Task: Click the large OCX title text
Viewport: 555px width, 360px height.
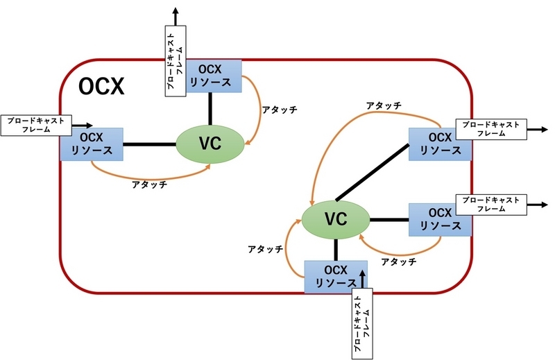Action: [101, 87]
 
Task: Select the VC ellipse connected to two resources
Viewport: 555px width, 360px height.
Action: [210, 144]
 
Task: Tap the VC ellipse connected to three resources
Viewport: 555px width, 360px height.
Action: [336, 220]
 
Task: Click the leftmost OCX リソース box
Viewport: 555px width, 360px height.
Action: [92, 144]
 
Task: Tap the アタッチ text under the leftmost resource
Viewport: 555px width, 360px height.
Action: [151, 185]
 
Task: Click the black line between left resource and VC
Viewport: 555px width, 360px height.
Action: [149, 144]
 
